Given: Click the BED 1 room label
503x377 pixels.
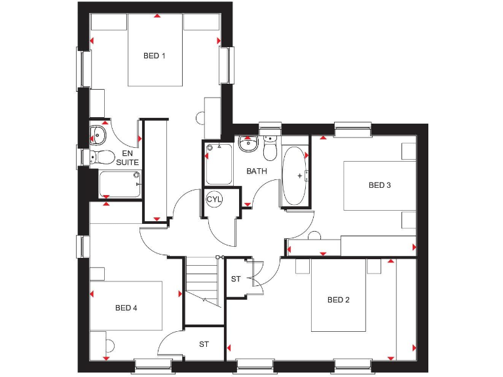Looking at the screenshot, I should (155, 56).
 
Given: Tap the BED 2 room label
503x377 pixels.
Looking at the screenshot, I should (339, 300).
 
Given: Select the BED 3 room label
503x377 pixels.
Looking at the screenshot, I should (379, 185).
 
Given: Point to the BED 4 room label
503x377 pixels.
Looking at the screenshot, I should (126, 308).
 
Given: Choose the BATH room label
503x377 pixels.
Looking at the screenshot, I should (257, 171).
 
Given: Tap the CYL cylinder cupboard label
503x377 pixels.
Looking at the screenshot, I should (214, 199).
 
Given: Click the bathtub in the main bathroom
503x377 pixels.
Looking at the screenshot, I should (294, 176).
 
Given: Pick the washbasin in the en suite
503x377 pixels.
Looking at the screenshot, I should (98, 134).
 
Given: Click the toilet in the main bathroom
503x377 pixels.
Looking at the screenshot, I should (270, 150).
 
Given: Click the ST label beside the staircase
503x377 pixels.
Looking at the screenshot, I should (236, 279).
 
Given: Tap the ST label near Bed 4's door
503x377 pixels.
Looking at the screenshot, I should (204, 344).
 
